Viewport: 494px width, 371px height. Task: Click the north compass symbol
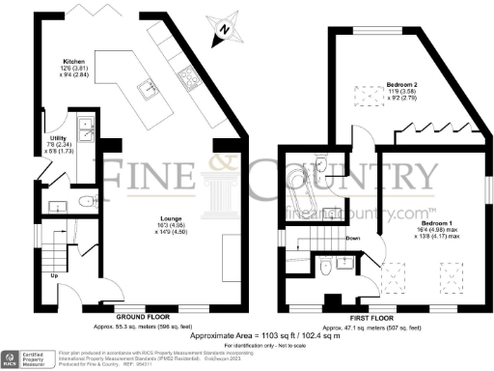(225, 29)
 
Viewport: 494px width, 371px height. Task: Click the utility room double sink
(88, 124)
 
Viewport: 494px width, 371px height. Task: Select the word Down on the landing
(353, 237)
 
